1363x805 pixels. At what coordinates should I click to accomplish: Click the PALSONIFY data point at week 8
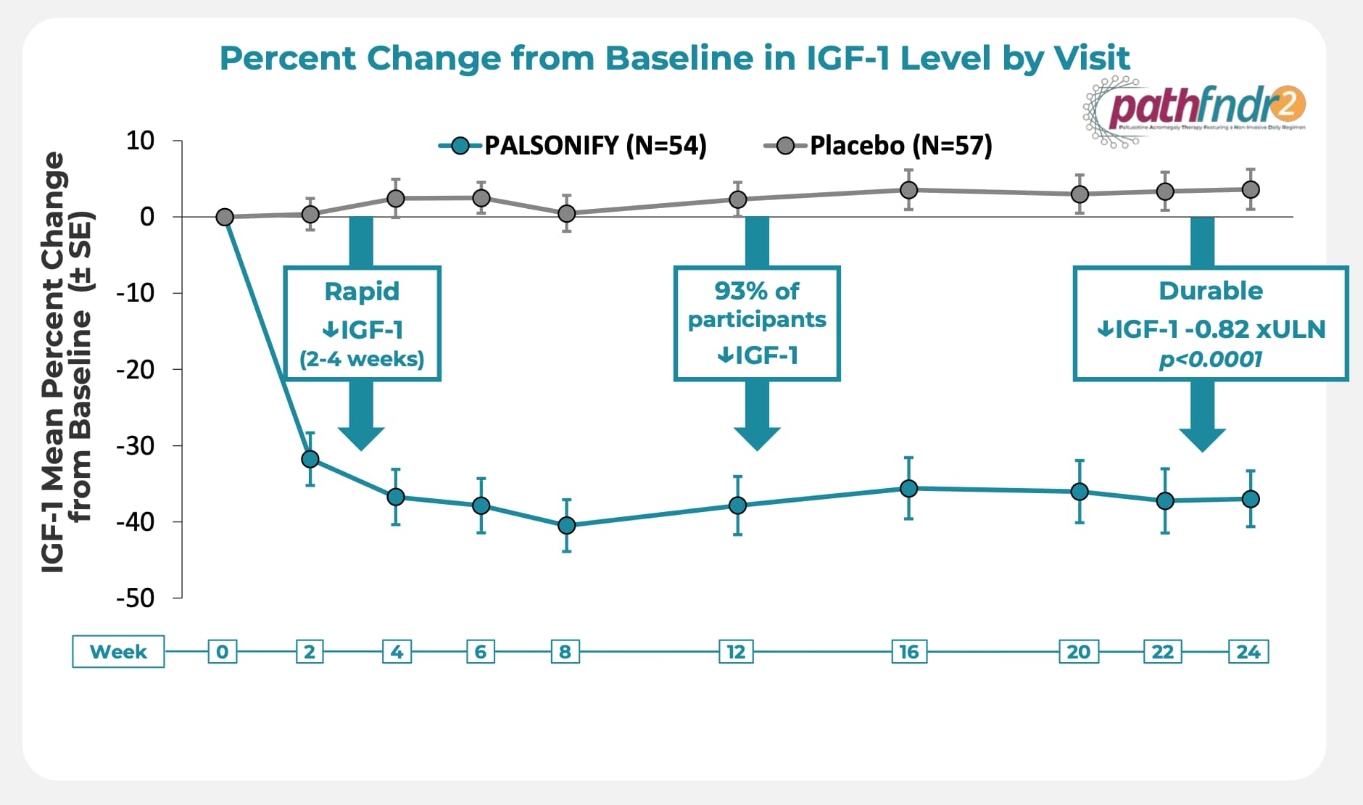567,525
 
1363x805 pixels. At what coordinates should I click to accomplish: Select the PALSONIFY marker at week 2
310,459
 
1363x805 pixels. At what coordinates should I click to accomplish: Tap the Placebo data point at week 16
908,190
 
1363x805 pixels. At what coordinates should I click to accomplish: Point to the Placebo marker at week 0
225,217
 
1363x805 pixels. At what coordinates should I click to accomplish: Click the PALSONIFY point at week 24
1251,499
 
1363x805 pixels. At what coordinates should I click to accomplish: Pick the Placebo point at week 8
567,213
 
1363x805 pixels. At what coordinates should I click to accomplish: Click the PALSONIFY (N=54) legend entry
573,146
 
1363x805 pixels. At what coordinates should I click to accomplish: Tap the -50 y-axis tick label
136,598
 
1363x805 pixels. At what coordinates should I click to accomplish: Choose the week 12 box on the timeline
736,651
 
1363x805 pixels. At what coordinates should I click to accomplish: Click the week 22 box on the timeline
1163,651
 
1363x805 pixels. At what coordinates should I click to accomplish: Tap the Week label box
118,651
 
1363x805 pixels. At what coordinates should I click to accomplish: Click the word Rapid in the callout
362,291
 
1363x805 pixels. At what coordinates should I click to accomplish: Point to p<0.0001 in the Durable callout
1210,359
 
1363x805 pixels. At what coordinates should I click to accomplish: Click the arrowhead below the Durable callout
1202,438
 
